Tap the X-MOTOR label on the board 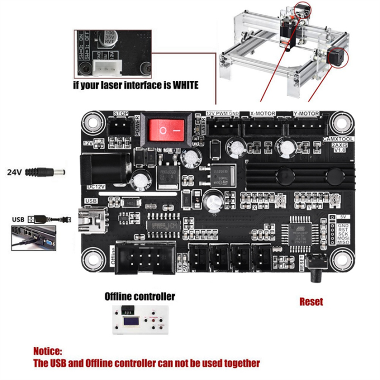(262, 113)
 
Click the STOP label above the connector (121, 113)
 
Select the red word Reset (311, 302)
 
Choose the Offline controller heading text (140, 296)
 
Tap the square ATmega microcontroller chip (299, 233)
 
